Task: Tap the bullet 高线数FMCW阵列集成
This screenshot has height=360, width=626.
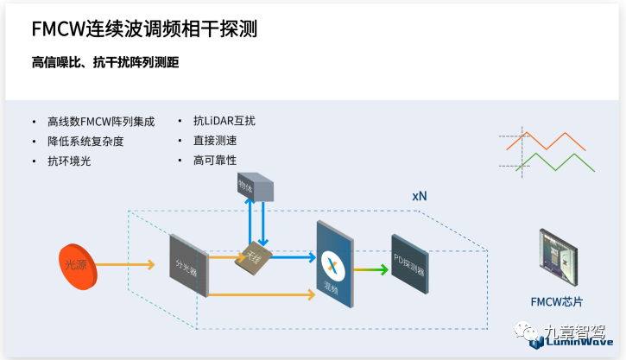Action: pos(101,122)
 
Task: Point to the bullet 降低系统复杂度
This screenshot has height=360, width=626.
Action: pos(85,141)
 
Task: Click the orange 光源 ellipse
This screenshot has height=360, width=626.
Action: pos(77,265)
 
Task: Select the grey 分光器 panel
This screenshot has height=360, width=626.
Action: pos(188,264)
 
